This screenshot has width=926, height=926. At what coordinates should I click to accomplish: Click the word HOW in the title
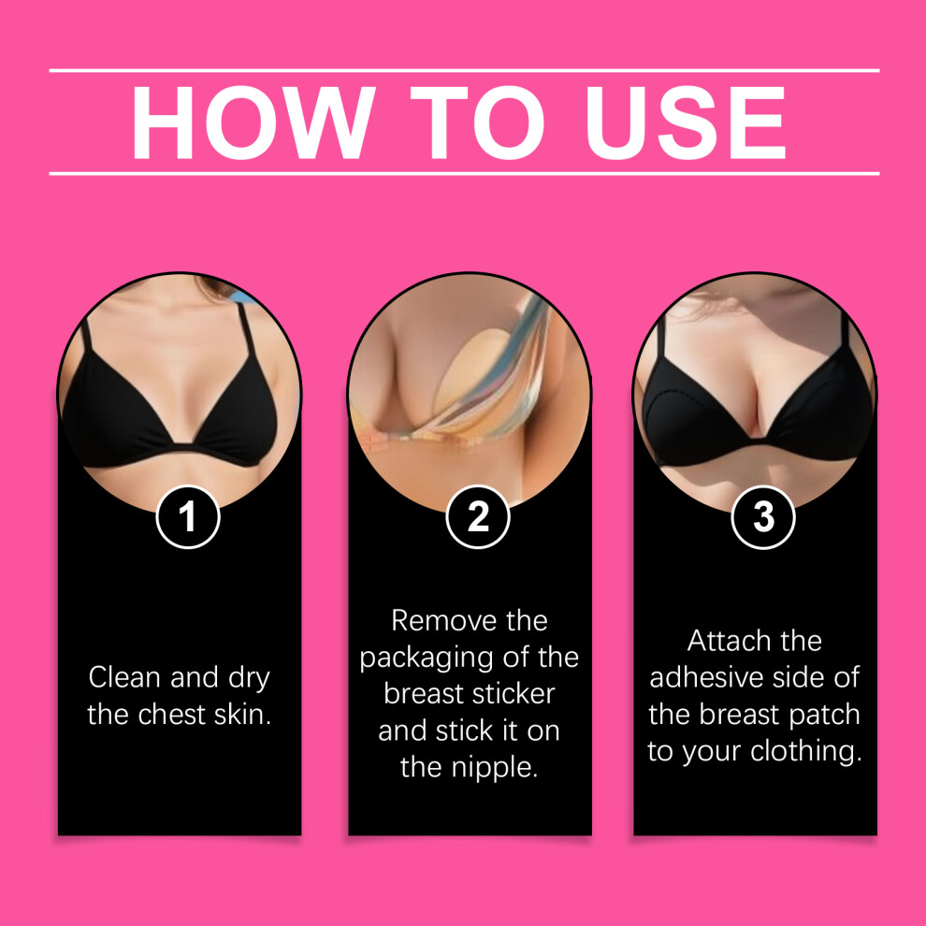(253, 123)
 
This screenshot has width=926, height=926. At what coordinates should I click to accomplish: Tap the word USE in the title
(685, 123)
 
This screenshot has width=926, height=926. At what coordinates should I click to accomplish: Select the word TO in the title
(477, 123)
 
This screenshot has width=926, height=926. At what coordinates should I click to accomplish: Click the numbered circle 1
(188, 516)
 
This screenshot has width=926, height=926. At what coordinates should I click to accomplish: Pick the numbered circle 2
(477, 516)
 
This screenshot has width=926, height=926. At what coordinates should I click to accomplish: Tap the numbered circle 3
(763, 516)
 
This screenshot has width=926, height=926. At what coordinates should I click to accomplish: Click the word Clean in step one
(125, 677)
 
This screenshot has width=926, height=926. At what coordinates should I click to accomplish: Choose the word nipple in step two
(494, 768)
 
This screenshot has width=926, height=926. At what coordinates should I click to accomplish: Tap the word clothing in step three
(806, 752)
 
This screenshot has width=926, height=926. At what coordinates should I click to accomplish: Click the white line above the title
(464, 70)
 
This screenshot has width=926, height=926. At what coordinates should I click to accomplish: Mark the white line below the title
(464, 174)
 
